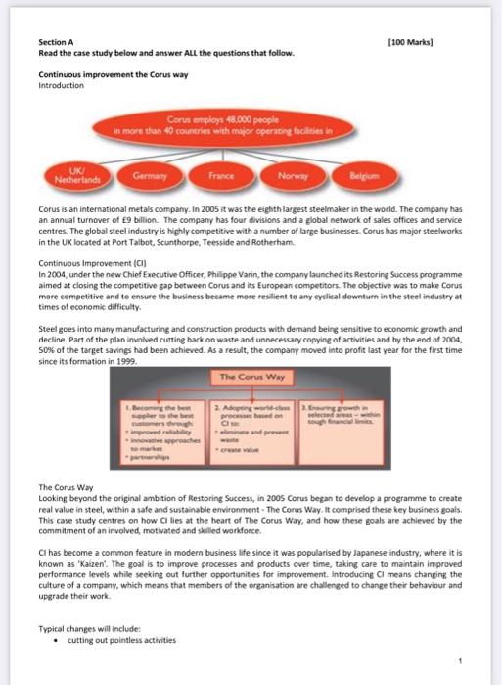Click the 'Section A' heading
point(56,42)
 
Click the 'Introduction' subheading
point(61,85)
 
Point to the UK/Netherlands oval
point(77,177)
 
